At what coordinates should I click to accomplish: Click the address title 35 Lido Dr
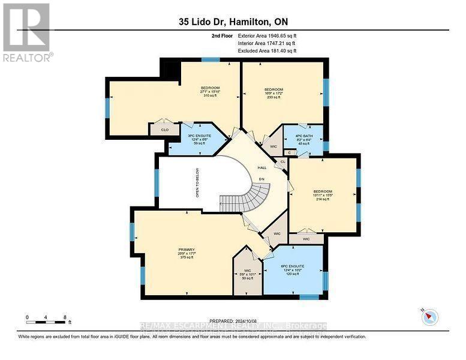click(x=233, y=22)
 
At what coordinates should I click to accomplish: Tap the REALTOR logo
click(x=26, y=32)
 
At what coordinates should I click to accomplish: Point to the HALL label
click(x=262, y=168)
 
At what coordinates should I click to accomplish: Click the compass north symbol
click(x=429, y=317)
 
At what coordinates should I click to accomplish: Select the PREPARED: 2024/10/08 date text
click(x=233, y=321)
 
